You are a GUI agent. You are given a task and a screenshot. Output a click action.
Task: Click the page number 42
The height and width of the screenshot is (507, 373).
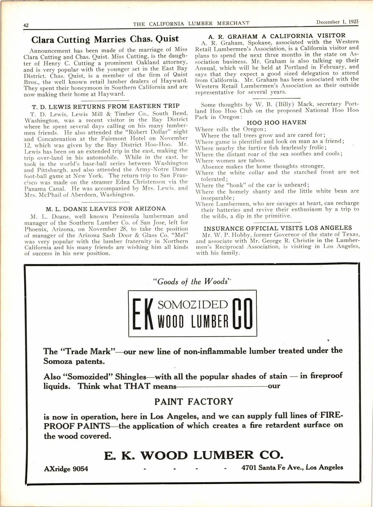(x=26, y=25)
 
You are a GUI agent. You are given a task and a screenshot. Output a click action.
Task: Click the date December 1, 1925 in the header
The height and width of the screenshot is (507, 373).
(x=337, y=22)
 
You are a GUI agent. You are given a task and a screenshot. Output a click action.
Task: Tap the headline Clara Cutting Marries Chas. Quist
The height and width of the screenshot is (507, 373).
(x=105, y=39)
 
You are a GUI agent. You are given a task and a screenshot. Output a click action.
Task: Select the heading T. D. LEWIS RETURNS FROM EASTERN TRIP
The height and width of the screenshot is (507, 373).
(x=106, y=106)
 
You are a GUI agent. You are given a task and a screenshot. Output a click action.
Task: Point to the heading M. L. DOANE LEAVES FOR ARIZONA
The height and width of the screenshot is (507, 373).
(x=106, y=209)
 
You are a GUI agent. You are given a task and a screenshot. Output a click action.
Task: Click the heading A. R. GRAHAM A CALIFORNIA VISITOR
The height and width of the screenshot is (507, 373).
(x=277, y=36)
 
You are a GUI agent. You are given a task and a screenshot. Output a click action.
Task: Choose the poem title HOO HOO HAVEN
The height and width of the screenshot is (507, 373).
(x=276, y=122)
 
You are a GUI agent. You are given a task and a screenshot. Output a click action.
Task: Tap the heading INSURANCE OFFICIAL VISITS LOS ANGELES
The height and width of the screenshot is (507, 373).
(x=278, y=228)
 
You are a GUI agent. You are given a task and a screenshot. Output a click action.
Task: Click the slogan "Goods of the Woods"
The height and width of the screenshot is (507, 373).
(x=192, y=282)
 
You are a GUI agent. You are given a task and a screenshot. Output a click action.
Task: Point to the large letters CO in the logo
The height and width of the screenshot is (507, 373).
(x=242, y=313)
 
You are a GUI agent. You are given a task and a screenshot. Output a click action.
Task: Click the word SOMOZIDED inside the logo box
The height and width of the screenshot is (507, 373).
(x=193, y=305)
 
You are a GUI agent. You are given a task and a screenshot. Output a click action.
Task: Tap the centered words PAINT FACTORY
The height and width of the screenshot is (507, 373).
(x=194, y=402)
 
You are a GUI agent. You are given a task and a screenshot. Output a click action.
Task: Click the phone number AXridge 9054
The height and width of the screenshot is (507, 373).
(x=66, y=468)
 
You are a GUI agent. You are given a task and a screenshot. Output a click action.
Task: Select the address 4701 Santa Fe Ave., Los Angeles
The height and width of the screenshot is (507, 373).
(x=292, y=467)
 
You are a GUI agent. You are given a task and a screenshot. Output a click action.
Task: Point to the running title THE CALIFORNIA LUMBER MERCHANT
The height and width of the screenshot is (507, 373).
(x=191, y=24)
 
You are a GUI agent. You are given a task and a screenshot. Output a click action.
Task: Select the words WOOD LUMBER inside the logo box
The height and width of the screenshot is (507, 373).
(x=193, y=322)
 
